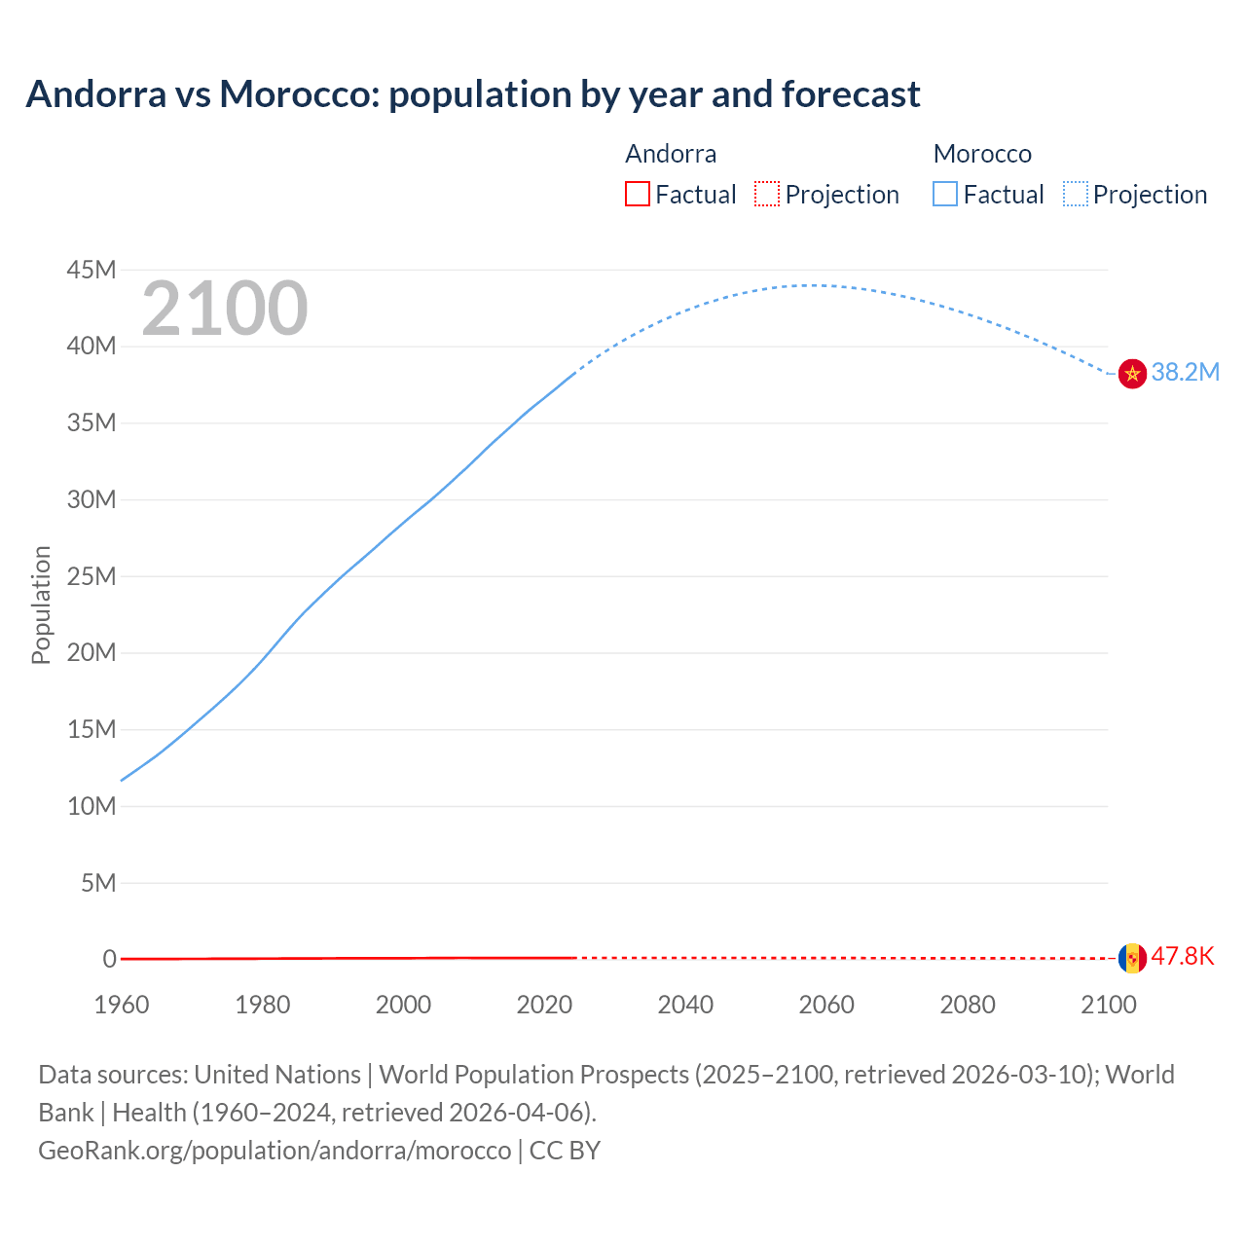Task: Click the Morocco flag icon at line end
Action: [x=1132, y=373]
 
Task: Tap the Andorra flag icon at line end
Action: [x=1132, y=958]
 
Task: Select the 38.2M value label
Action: [x=1185, y=373]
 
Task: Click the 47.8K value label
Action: [x=1183, y=957]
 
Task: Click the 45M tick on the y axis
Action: [x=92, y=270]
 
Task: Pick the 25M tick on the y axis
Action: [x=92, y=576]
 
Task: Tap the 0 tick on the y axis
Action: [x=109, y=959]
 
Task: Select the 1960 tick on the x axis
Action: [x=122, y=1005]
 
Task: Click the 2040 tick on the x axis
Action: [x=685, y=1005]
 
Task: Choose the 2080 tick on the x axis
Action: [x=968, y=1005]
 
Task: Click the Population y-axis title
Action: [x=41, y=605]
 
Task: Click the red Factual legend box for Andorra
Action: [x=638, y=195]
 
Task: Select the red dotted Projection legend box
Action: [x=767, y=195]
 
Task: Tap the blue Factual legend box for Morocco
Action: [x=945, y=195]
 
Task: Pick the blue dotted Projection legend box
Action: [x=1076, y=195]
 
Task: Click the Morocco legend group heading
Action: [x=982, y=154]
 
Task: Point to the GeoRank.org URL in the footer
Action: [x=275, y=1151]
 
